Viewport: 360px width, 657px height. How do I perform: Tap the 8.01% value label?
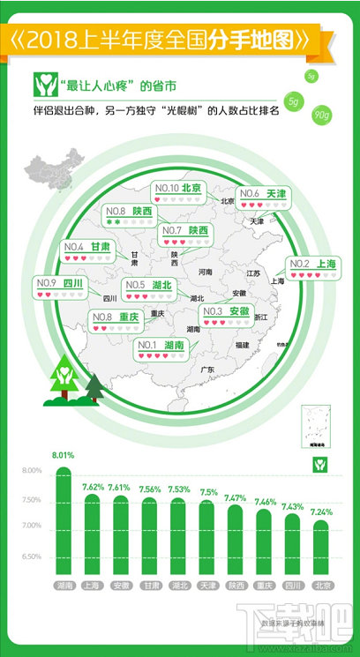[x=62, y=456]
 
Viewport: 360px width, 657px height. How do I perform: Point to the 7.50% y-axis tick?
[x=30, y=499]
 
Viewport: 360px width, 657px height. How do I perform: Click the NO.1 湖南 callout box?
[x=161, y=350]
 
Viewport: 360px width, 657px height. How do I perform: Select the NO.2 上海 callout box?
[x=315, y=268]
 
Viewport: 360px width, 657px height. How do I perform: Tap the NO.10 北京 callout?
[x=178, y=193]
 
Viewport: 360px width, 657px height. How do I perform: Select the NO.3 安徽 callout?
[x=225, y=316]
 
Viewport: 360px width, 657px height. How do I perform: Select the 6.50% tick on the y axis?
[x=30, y=557]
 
